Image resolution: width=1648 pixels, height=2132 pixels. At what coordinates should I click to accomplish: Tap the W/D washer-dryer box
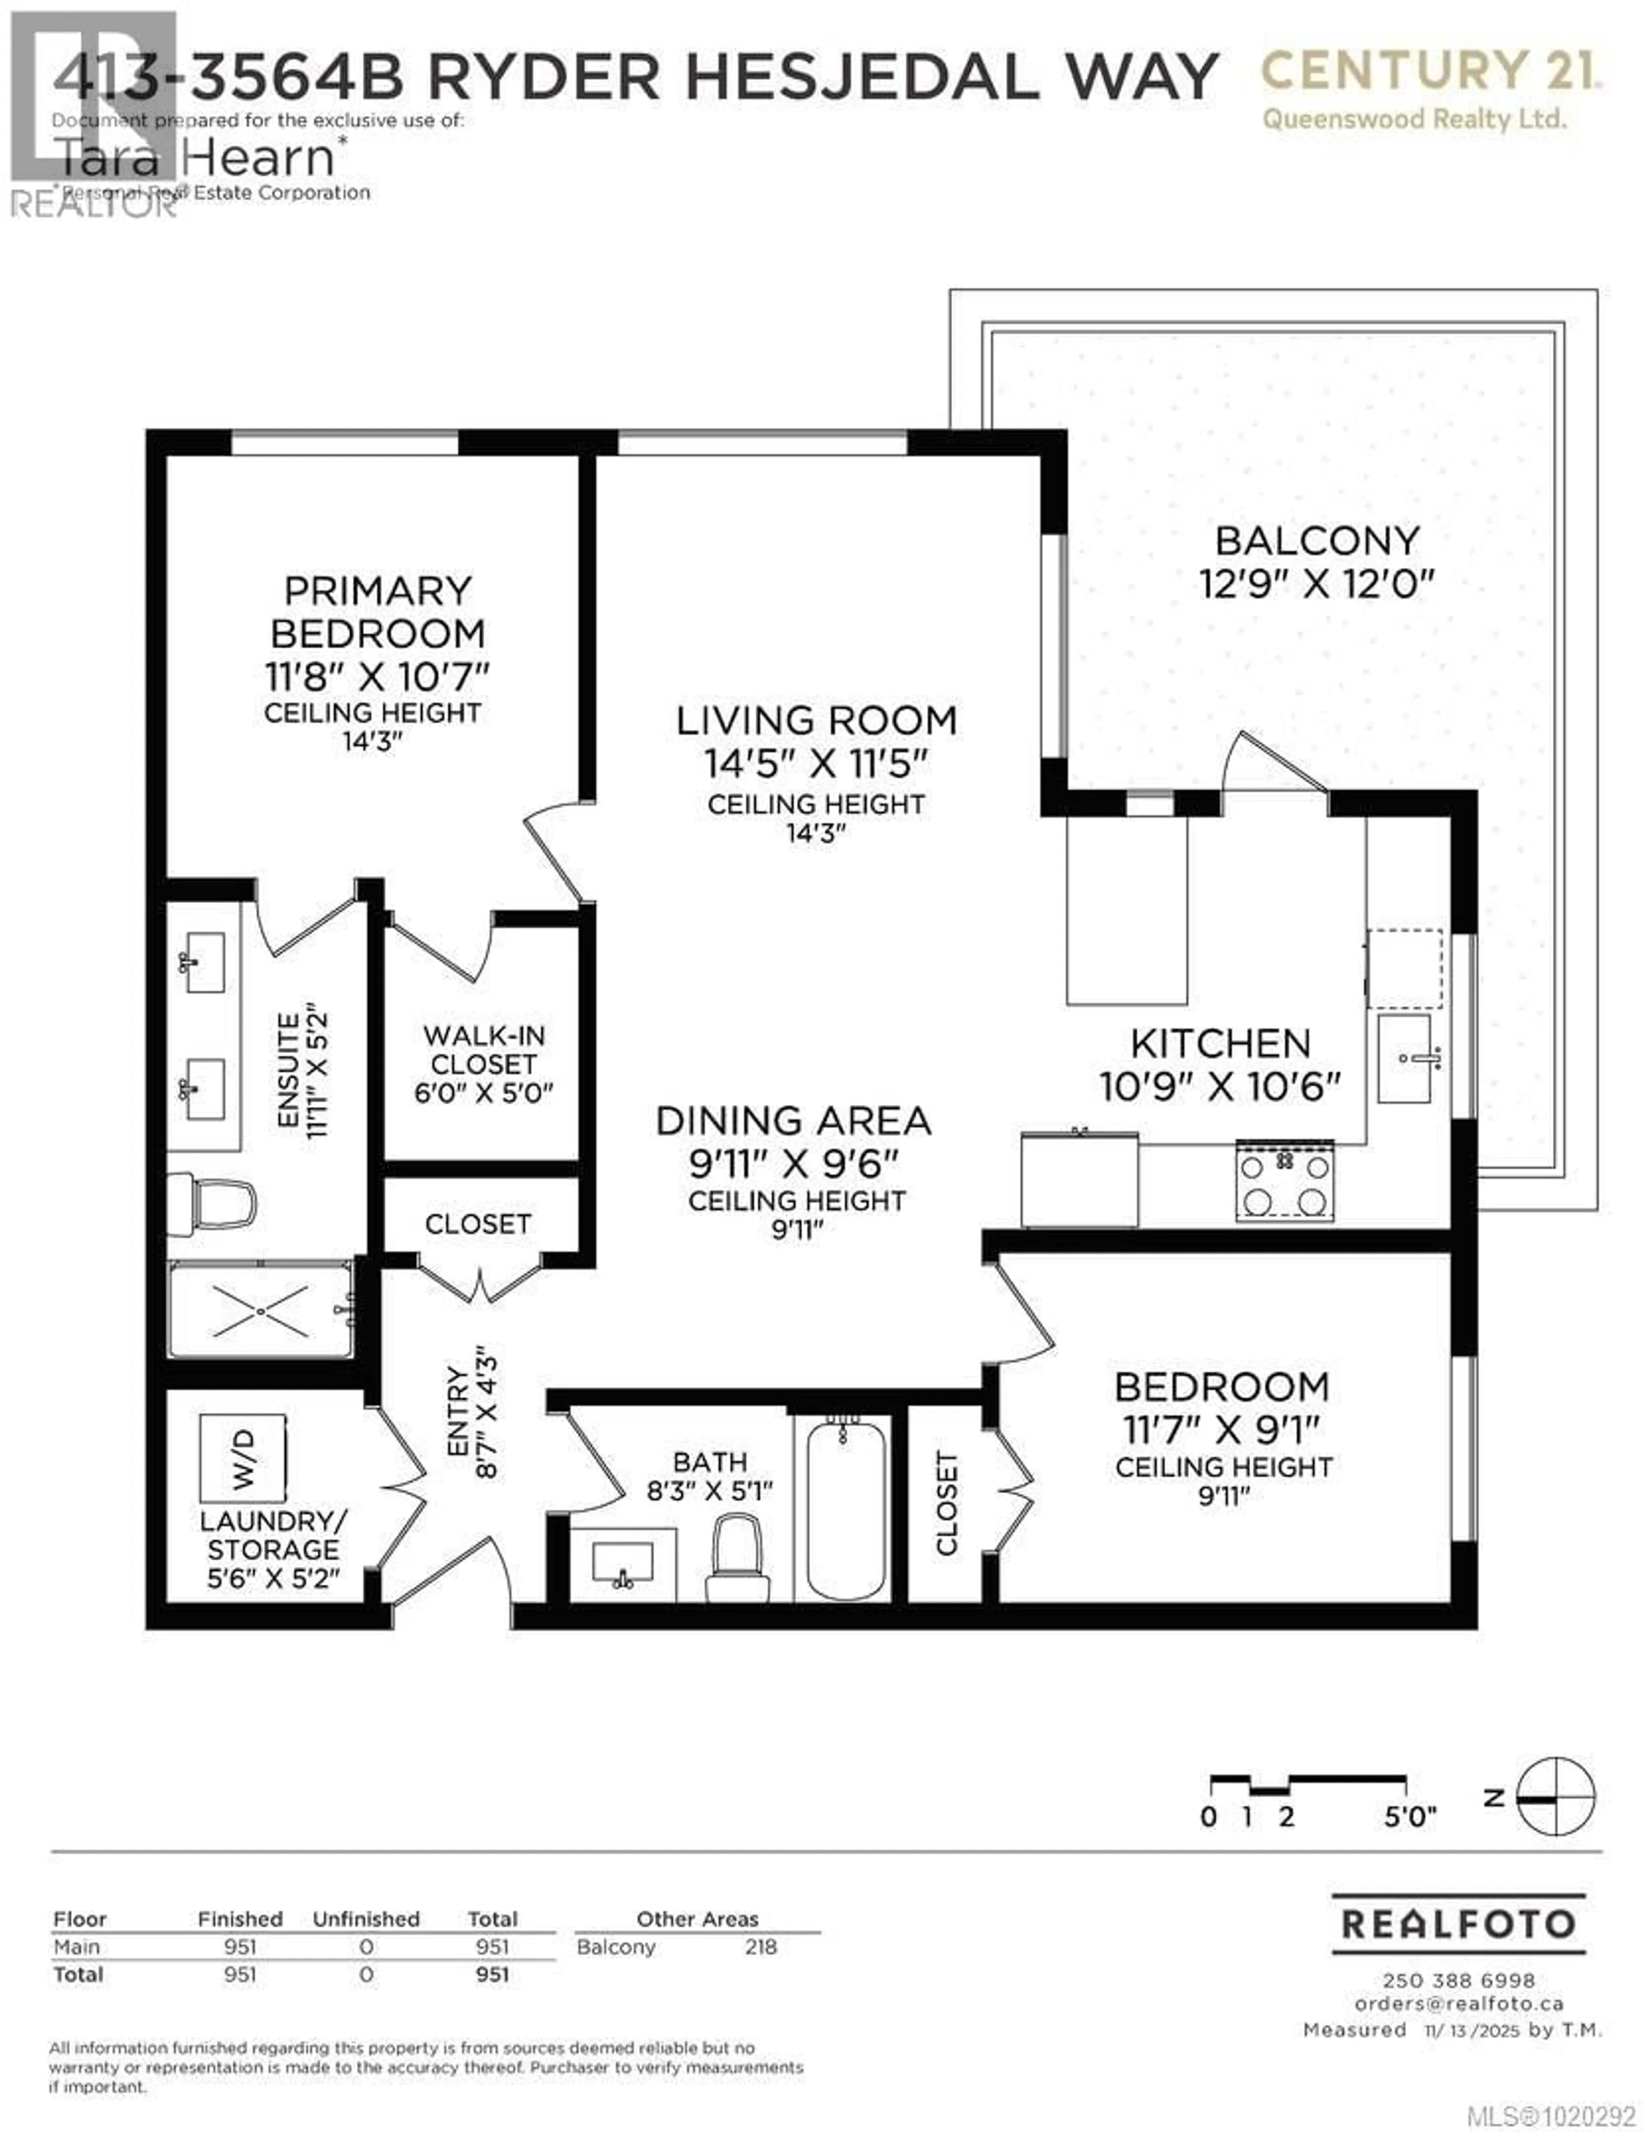243,1459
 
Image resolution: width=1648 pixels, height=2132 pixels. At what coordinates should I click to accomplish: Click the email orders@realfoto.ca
1459,2003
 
